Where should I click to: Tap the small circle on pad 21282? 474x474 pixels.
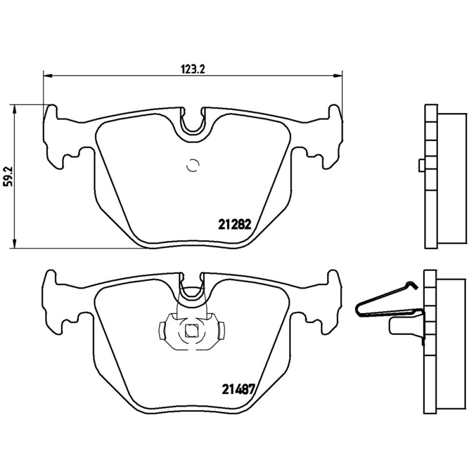(x=192, y=166)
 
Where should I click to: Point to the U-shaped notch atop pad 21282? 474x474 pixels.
(x=193, y=122)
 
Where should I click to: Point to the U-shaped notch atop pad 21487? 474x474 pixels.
(x=192, y=288)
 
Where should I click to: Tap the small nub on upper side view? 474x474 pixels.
(x=421, y=165)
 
